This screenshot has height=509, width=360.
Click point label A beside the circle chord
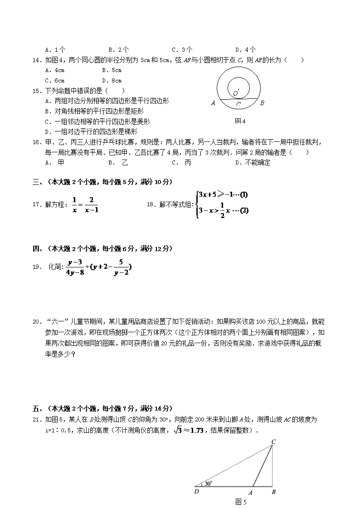(213, 103)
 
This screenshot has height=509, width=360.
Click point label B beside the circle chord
(262, 103)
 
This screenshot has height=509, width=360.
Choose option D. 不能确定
(253, 163)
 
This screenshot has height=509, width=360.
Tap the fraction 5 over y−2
(121, 267)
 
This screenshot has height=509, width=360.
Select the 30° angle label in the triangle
(208, 484)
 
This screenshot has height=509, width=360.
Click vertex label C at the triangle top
(273, 441)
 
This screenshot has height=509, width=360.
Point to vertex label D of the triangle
(196, 491)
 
